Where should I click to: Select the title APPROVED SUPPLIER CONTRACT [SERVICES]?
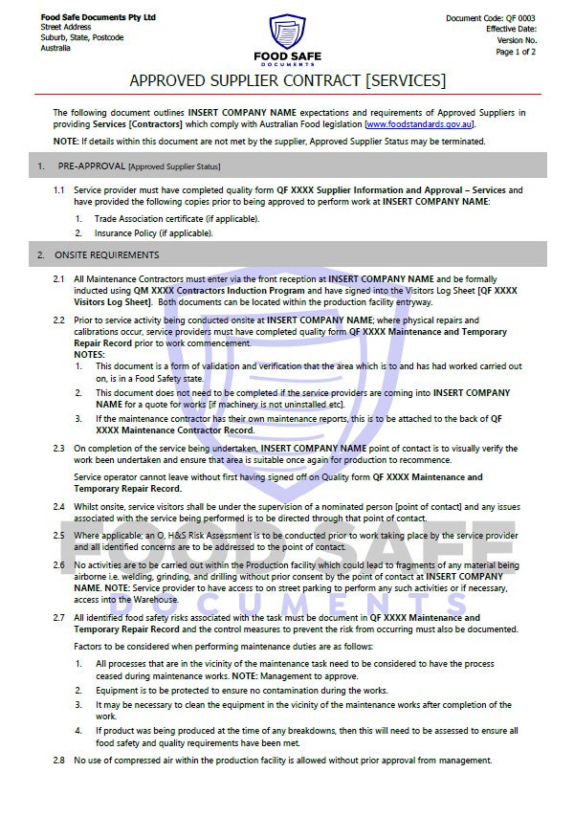click(x=287, y=79)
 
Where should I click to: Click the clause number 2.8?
click(x=58, y=761)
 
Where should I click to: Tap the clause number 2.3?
click(x=58, y=448)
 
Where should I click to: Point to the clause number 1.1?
click(x=58, y=190)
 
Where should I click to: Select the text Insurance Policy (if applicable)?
click(x=153, y=233)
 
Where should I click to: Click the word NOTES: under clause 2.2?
click(x=90, y=355)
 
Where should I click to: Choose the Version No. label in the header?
click(x=517, y=41)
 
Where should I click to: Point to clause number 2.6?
click(x=58, y=565)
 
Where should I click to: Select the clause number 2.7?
click(x=58, y=618)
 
